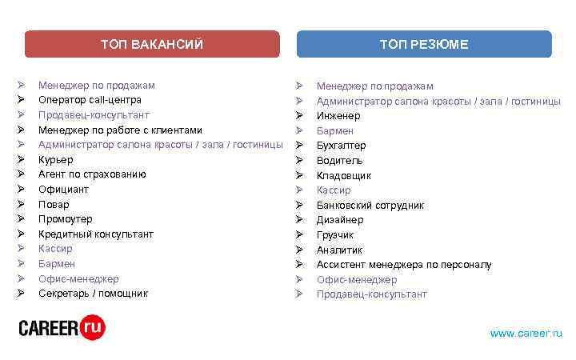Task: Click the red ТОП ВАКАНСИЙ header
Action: pyautogui.click(x=152, y=44)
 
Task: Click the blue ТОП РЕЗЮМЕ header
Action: pyautogui.click(x=424, y=44)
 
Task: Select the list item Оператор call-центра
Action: pyautogui.click(x=90, y=100)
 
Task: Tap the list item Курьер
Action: pyautogui.click(x=56, y=159)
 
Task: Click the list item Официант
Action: pyautogui.click(x=63, y=190)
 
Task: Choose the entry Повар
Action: pyautogui.click(x=54, y=204)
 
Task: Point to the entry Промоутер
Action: pyautogui.click(x=65, y=219)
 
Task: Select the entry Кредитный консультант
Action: pyautogui.click(x=96, y=234)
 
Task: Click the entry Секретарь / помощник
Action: pyautogui.click(x=93, y=294)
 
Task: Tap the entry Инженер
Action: pyautogui.click(x=338, y=116)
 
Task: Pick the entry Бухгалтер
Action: pyautogui.click(x=341, y=146)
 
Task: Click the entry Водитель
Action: pyautogui.click(x=339, y=161)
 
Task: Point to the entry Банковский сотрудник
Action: pyautogui.click(x=370, y=206)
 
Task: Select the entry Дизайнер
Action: pyautogui.click(x=340, y=220)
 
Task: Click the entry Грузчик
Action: pyautogui.click(x=335, y=235)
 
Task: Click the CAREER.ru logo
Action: pyautogui.click(x=62, y=327)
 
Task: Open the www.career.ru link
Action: pyautogui.click(x=526, y=333)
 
